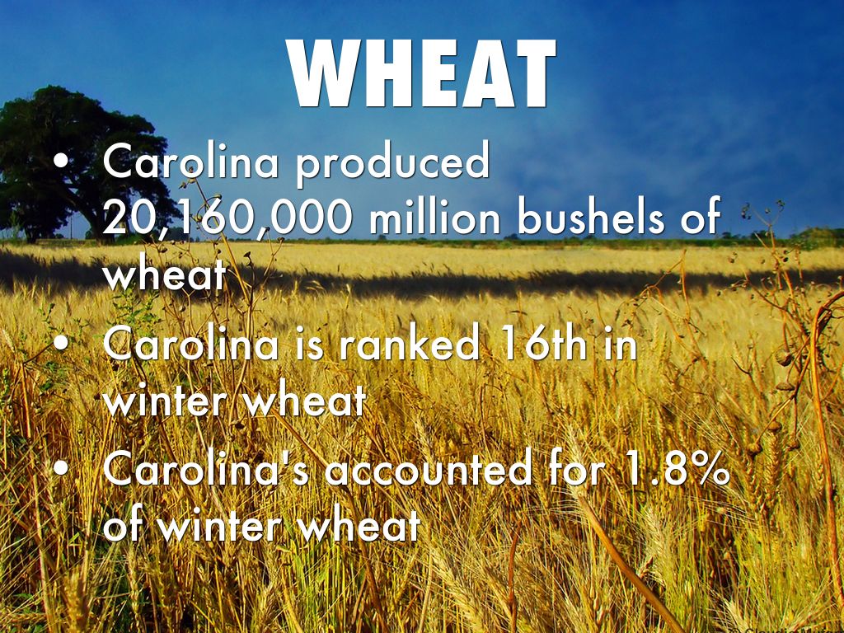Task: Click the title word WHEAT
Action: pos(421,73)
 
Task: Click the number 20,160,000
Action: pos(227,217)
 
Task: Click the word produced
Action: pos(392,163)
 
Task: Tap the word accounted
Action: pos(428,469)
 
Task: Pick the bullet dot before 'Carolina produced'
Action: pos(62,161)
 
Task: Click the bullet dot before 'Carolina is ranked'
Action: pos(62,342)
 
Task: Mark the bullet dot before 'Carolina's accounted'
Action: pos(62,468)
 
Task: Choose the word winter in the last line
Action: pos(221,524)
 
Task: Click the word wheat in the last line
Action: pos(359,524)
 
